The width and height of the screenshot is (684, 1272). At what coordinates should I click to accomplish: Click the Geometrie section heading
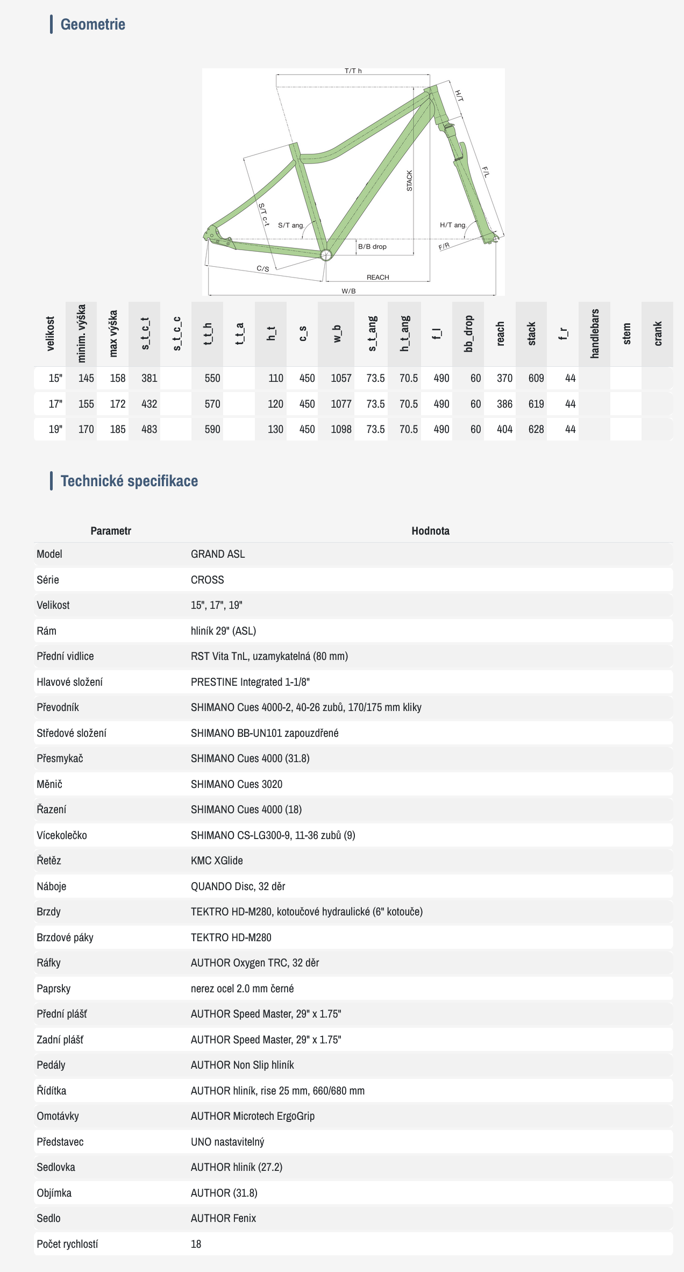[x=92, y=24]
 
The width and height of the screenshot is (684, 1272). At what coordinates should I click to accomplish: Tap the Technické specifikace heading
[x=129, y=481]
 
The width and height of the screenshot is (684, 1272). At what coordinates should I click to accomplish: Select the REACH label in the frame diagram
[x=377, y=278]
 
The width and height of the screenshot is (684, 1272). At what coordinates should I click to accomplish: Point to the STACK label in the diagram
[x=409, y=181]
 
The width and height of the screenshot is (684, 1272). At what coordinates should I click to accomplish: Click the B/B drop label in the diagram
[x=372, y=247]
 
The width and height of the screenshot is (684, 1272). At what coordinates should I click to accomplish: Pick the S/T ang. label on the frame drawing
[x=291, y=225]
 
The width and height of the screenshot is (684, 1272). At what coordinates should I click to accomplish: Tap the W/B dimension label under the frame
[x=348, y=291]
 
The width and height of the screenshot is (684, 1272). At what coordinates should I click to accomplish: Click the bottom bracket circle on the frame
[x=325, y=254]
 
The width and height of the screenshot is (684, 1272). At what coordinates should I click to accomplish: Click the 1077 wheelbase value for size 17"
[x=341, y=404]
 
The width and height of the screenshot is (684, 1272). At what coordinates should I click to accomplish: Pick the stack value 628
[x=536, y=429]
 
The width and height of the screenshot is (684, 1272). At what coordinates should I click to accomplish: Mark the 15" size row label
[x=55, y=378]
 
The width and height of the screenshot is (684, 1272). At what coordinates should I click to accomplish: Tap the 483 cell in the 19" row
[x=149, y=429]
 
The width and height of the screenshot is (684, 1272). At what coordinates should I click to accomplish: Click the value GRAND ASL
[x=218, y=554]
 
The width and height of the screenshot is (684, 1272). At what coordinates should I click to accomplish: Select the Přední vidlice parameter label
[x=65, y=656]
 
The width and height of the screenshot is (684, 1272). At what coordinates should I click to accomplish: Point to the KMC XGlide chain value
[x=217, y=861]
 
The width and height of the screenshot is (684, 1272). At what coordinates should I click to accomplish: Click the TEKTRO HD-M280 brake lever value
[x=231, y=937]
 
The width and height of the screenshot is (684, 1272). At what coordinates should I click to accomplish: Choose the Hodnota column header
[x=430, y=531]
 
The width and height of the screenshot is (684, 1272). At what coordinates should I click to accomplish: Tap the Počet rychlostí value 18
[x=196, y=1244]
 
